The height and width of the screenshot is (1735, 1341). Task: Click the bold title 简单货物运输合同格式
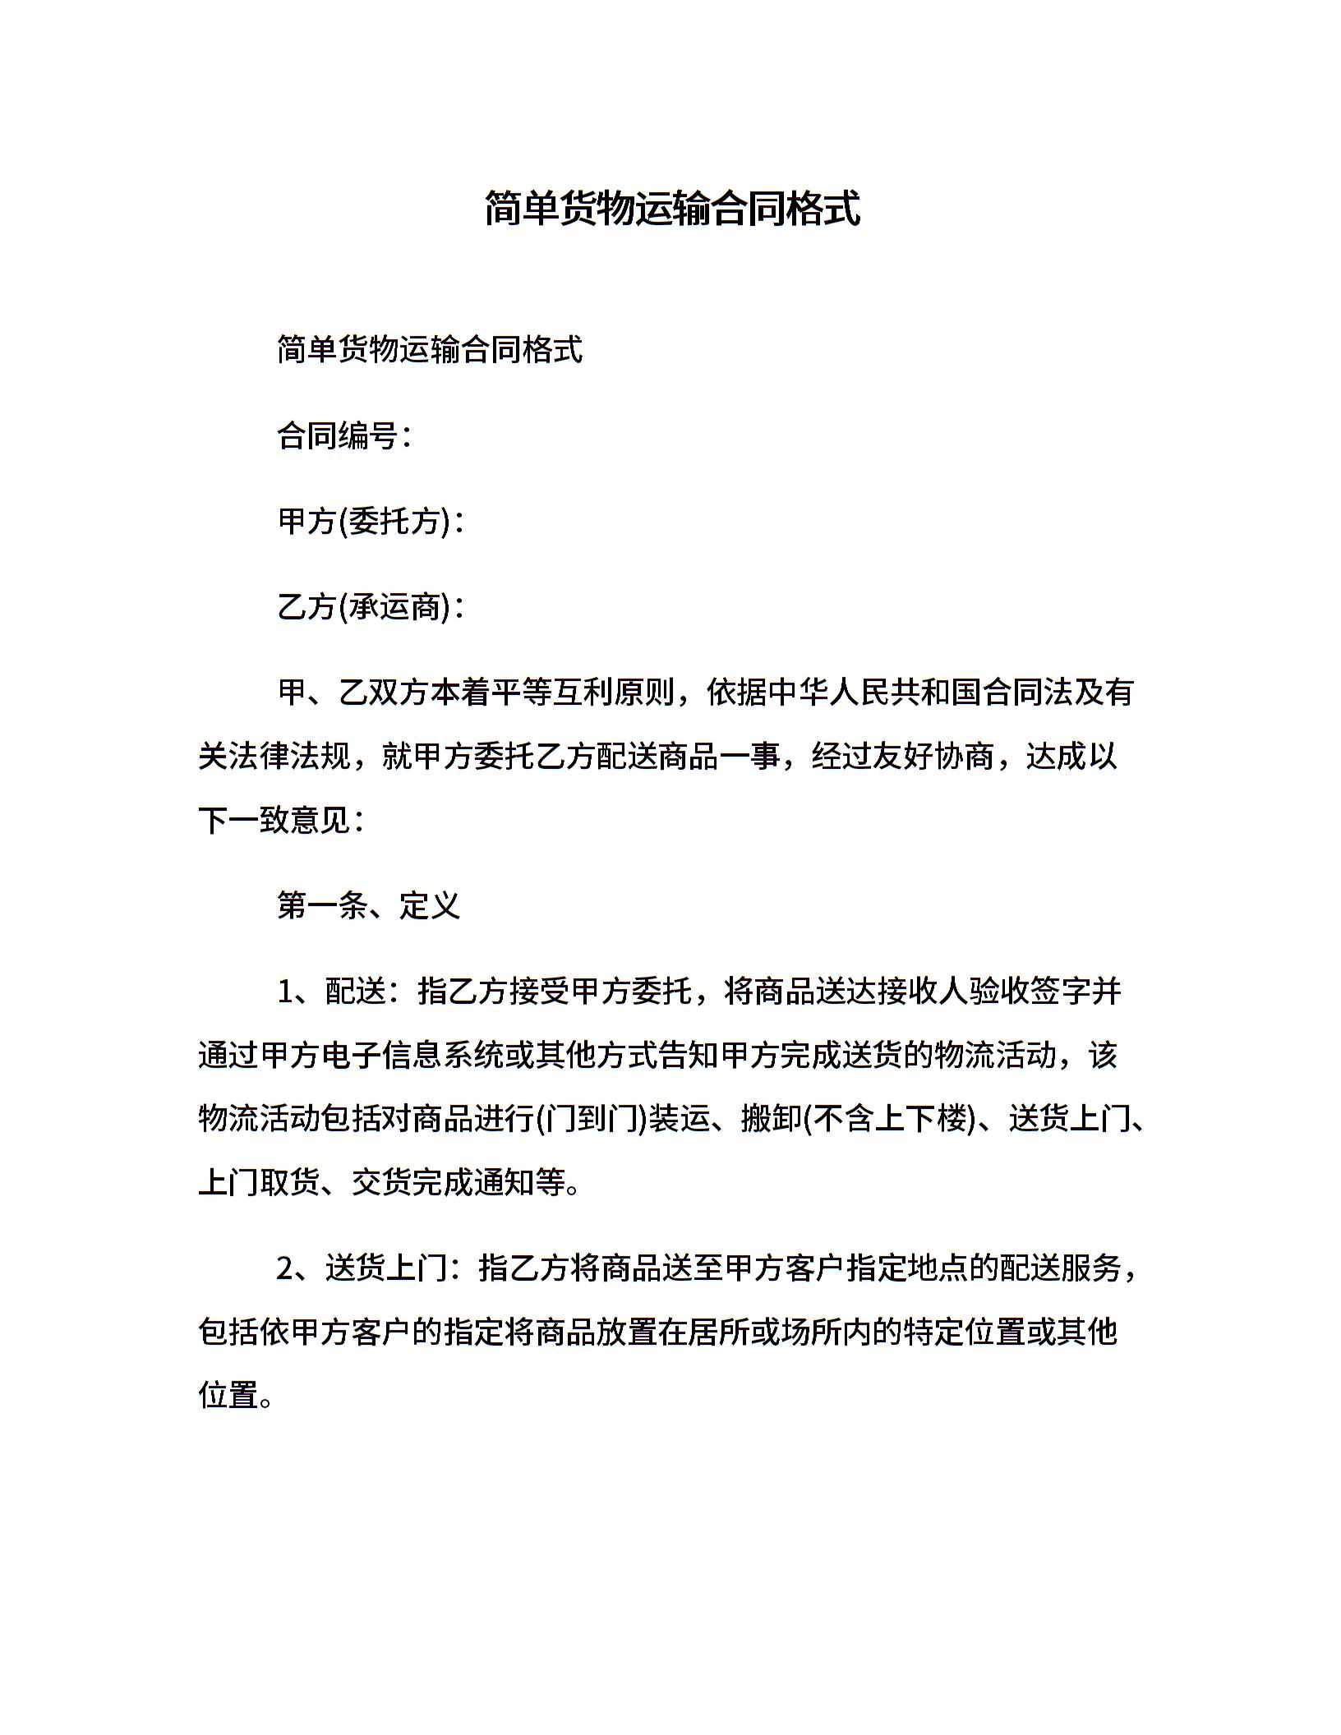(671, 209)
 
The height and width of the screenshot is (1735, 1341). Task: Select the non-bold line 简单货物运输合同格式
(430, 350)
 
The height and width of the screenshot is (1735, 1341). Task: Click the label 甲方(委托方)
(364, 521)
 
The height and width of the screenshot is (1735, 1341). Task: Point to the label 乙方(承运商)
(364, 606)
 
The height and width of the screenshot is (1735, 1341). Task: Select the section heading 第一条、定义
(368, 905)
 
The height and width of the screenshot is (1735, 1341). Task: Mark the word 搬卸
(771, 1119)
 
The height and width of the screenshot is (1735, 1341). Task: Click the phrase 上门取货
(260, 1183)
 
